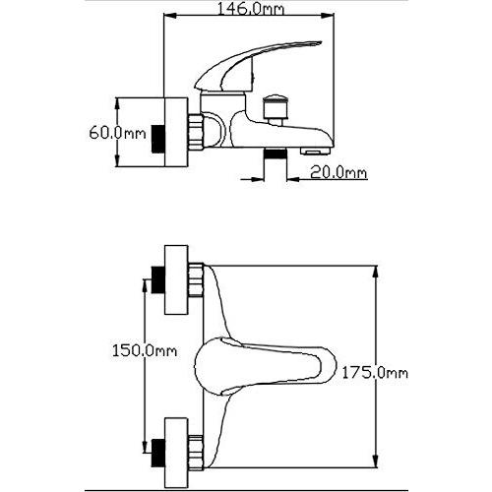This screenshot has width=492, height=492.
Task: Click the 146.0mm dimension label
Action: [x=251, y=9]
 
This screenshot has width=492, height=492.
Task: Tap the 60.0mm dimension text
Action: [x=117, y=133]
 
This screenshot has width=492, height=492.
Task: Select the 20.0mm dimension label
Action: [x=338, y=171]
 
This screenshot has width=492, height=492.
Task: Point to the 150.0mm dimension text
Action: [x=145, y=350]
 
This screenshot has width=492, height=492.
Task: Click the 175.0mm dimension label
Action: [x=375, y=373]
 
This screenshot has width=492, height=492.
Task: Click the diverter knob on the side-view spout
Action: [x=277, y=108]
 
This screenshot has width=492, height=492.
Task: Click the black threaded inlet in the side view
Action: [x=157, y=139]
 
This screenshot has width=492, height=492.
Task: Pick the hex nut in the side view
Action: [x=196, y=130]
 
